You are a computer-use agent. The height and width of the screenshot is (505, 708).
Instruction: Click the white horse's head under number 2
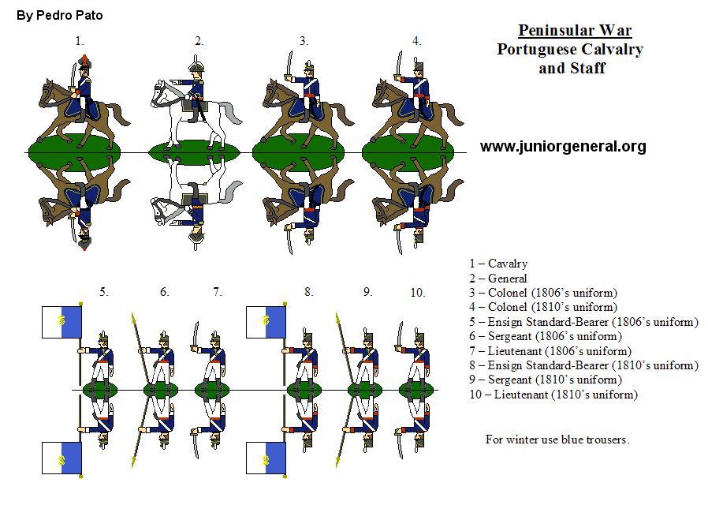coord(160,94)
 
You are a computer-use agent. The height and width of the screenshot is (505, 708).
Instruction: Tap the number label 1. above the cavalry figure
coord(79,41)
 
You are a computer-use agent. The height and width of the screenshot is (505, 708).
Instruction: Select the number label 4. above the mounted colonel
coord(416,41)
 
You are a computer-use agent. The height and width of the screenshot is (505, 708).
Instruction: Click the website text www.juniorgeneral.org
coord(563,146)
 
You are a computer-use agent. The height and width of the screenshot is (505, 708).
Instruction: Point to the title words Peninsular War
coord(575,31)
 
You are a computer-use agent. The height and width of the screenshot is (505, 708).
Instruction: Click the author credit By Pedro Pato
coord(60,15)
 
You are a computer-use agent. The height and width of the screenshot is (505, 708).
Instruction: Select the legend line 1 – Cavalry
coord(498,264)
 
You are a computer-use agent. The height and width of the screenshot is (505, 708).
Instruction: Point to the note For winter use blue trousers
coord(557,440)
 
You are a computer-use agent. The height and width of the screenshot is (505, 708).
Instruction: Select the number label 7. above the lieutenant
coord(218,292)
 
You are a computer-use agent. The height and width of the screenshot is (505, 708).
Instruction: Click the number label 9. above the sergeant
coord(367,292)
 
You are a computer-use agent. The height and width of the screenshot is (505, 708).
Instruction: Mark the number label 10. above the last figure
coord(418,292)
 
